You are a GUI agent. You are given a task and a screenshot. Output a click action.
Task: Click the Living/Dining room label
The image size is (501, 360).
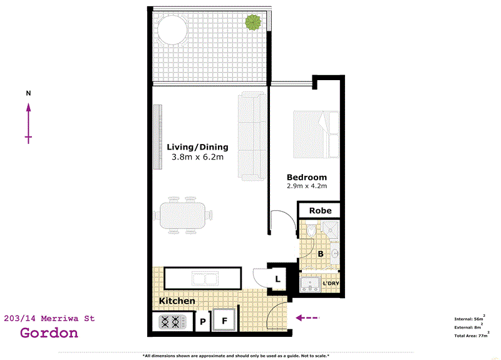click(197, 147)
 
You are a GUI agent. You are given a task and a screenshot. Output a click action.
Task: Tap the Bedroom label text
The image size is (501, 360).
click(307, 177)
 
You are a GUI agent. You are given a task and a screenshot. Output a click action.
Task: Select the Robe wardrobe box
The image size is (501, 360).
click(320, 211)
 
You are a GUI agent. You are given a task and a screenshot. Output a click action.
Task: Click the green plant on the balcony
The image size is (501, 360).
click(253, 24)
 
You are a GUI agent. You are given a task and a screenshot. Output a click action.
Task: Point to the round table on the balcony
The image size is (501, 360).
click(172, 29)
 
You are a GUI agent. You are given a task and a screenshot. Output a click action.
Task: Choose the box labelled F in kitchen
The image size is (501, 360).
click(225, 322)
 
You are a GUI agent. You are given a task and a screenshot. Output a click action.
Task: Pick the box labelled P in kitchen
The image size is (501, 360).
click(203, 323)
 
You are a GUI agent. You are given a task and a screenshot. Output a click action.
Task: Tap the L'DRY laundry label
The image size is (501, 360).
click(330, 284)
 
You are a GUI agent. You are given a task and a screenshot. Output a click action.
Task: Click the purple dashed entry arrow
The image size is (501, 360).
click(307, 318)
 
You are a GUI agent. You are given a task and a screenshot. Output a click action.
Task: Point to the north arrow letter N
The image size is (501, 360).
click(28, 93)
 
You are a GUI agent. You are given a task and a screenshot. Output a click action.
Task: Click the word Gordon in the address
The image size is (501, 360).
click(49, 333)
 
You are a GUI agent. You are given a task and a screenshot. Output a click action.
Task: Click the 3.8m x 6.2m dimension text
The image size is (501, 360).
click(197, 157)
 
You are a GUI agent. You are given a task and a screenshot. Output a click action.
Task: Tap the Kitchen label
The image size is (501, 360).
click(177, 302)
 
